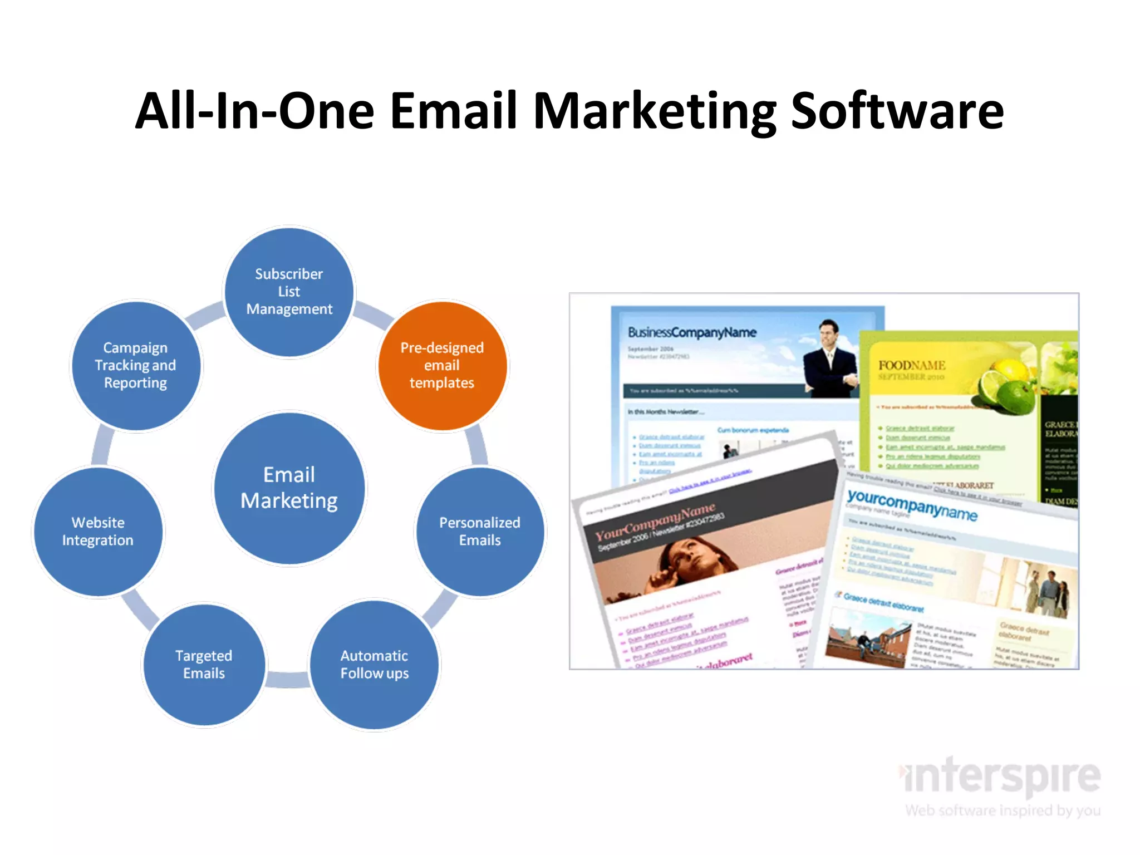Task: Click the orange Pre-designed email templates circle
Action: coord(443,365)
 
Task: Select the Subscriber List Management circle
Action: coord(289,292)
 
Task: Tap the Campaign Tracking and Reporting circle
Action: coord(136,365)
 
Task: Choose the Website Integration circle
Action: coord(98,532)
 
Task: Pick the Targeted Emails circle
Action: coord(204,665)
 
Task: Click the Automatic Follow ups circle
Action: coord(375,665)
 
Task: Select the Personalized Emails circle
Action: coord(480,532)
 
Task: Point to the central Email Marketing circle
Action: coord(289,488)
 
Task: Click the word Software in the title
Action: coord(897,111)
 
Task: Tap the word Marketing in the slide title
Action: coord(655,111)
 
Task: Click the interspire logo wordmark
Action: coord(1002,777)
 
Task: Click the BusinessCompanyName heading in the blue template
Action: coord(692,332)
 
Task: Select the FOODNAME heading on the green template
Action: coord(912,365)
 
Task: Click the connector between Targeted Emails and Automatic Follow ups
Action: coord(287,680)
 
